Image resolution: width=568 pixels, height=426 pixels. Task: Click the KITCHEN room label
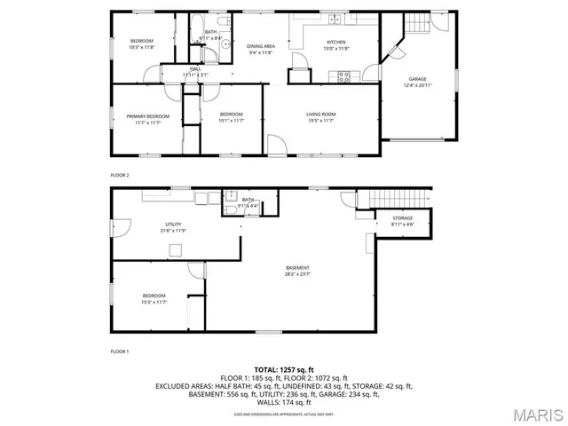[x=336, y=42]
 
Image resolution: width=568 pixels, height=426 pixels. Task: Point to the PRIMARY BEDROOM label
[x=147, y=116]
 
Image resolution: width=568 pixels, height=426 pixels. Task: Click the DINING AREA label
[x=261, y=46]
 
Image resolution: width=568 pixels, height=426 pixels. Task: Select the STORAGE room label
[x=402, y=218]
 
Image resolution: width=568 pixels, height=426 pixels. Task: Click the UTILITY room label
[x=172, y=225]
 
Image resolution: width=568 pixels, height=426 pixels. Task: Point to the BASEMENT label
[x=297, y=268]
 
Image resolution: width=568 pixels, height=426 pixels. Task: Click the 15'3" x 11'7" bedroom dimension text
[x=154, y=302]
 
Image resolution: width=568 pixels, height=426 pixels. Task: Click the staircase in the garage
[x=417, y=25]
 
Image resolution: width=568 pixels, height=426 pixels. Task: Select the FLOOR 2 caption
[x=120, y=176]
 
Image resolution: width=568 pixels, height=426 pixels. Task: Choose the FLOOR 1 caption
[x=120, y=352]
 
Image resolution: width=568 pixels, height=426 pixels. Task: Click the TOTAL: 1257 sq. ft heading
[x=284, y=369]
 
